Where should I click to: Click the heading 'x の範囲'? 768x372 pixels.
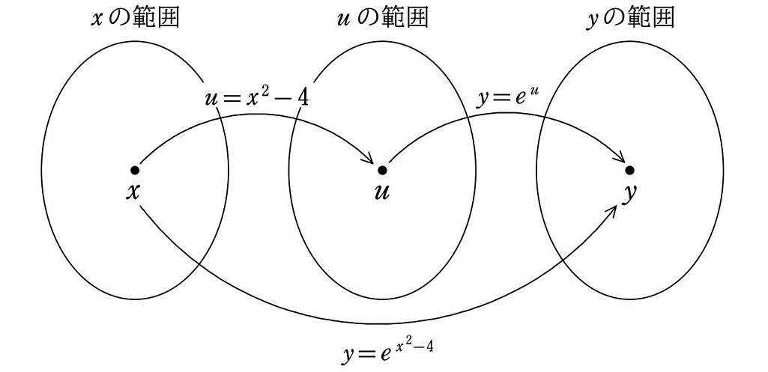tap(135, 17)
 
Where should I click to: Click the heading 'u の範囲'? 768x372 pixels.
tap(382, 17)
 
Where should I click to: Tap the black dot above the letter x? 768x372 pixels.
tap(134, 171)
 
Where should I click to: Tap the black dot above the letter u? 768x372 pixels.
tap(382, 171)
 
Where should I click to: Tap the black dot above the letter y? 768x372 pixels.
tap(629, 171)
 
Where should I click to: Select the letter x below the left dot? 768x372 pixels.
tap(133, 192)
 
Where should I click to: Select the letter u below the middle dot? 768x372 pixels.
tap(382, 192)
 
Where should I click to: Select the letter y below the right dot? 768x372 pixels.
tap(630, 193)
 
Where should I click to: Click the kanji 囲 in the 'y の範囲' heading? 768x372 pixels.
tap(663, 17)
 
